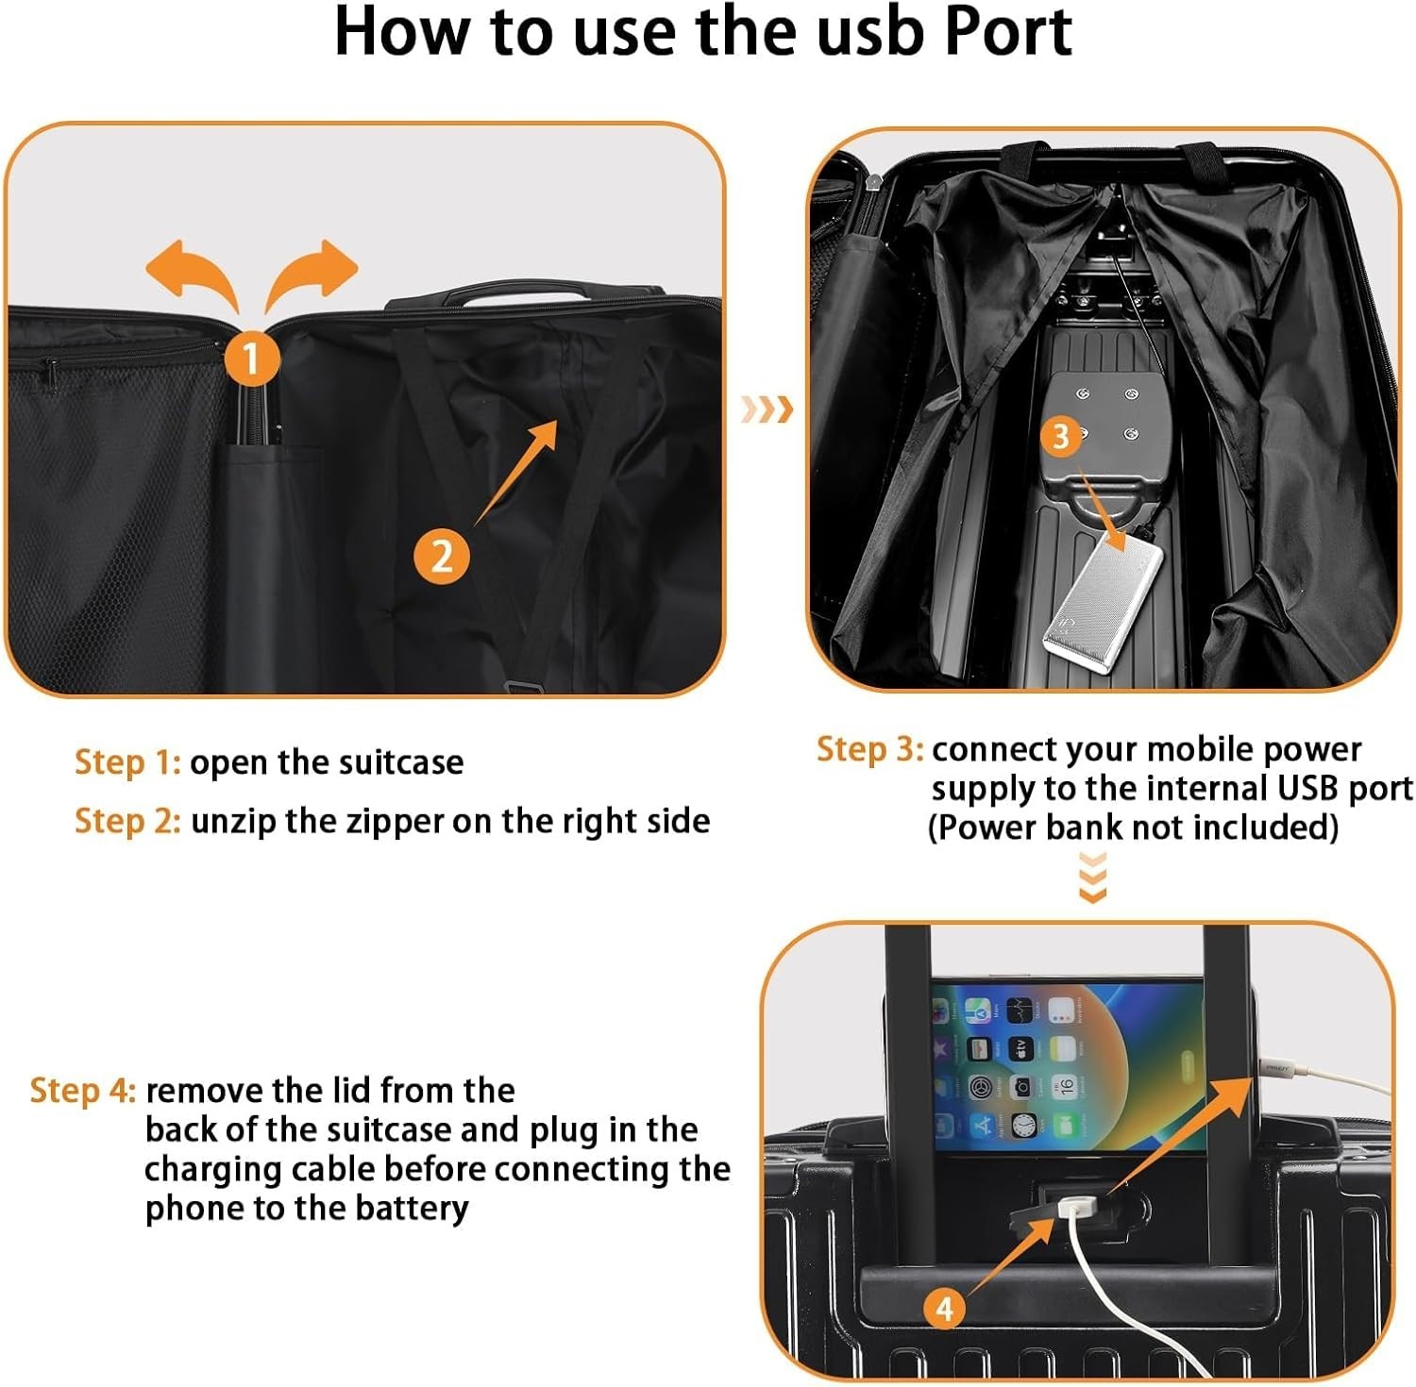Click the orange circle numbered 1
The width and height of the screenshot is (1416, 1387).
coord(251,359)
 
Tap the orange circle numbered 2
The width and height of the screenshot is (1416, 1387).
coord(442,557)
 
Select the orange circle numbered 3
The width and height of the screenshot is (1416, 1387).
coord(1062,436)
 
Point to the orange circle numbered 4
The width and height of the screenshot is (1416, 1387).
coord(944,1309)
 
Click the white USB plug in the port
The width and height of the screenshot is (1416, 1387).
coord(1076,1208)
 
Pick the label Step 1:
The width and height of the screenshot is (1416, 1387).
coord(127,762)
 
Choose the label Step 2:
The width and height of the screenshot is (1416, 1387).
coord(127,821)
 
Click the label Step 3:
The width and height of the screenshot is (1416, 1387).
coord(869,749)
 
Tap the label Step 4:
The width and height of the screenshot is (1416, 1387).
coord(83,1091)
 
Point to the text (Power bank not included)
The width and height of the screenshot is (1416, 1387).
coord(1133,827)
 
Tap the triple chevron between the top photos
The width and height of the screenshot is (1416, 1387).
coord(766,409)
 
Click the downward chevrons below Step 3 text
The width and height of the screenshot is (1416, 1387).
coord(1092,877)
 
